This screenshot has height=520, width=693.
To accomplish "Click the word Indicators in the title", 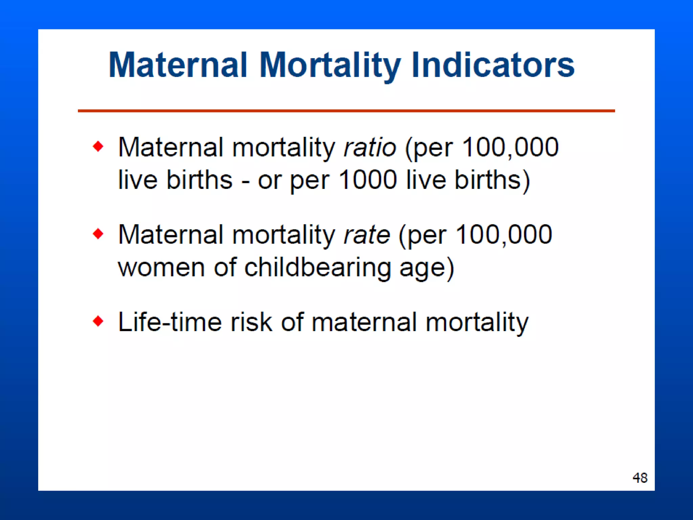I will click(493, 65).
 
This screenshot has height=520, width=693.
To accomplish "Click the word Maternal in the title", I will click(178, 65).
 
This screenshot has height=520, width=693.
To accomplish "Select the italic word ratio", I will click(370, 148).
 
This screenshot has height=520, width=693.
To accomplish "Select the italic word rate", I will click(366, 235).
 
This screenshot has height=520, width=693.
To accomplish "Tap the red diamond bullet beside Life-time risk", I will click(98, 321).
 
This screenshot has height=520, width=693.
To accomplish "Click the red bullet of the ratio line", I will click(98, 147).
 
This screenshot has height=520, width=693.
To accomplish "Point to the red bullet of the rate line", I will click(98, 234).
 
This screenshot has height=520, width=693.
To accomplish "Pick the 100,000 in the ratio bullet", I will click(510, 148).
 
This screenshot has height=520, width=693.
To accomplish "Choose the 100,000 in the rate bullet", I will click(504, 235).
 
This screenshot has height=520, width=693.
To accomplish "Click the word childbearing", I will click(317, 267).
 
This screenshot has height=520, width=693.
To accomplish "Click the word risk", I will click(251, 322).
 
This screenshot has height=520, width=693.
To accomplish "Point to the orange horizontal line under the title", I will click(346, 111).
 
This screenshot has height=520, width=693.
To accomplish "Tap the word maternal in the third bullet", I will click(364, 322).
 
